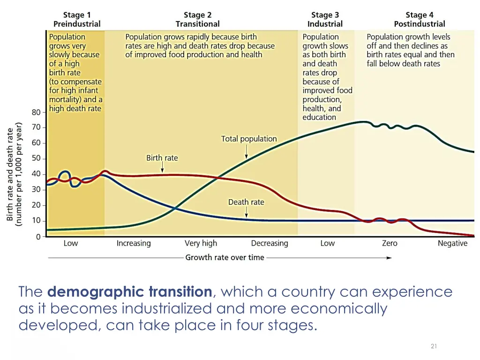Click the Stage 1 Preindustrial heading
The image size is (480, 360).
[77, 19]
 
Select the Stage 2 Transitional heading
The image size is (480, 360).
[197, 19]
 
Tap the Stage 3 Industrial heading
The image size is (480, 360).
[325, 19]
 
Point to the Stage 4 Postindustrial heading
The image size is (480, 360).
[420, 19]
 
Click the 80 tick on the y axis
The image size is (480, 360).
[36, 112]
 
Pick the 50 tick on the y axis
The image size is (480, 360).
[36, 158]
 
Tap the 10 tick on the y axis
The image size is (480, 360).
[36, 221]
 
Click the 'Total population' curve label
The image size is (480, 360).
[249, 139]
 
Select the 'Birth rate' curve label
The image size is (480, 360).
[162, 158]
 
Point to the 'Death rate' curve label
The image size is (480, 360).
[246, 202]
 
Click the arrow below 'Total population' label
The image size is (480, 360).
[247, 151]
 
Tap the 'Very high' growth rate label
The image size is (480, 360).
[201, 243]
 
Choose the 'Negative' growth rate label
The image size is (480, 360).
[452, 243]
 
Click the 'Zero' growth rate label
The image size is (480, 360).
[390, 243]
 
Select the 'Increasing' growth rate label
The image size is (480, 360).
[134, 243]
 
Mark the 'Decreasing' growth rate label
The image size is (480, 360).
[270, 243]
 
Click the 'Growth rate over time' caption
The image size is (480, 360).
[225, 257]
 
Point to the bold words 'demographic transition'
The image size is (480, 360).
[130, 292]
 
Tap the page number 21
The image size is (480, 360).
[434, 346]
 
